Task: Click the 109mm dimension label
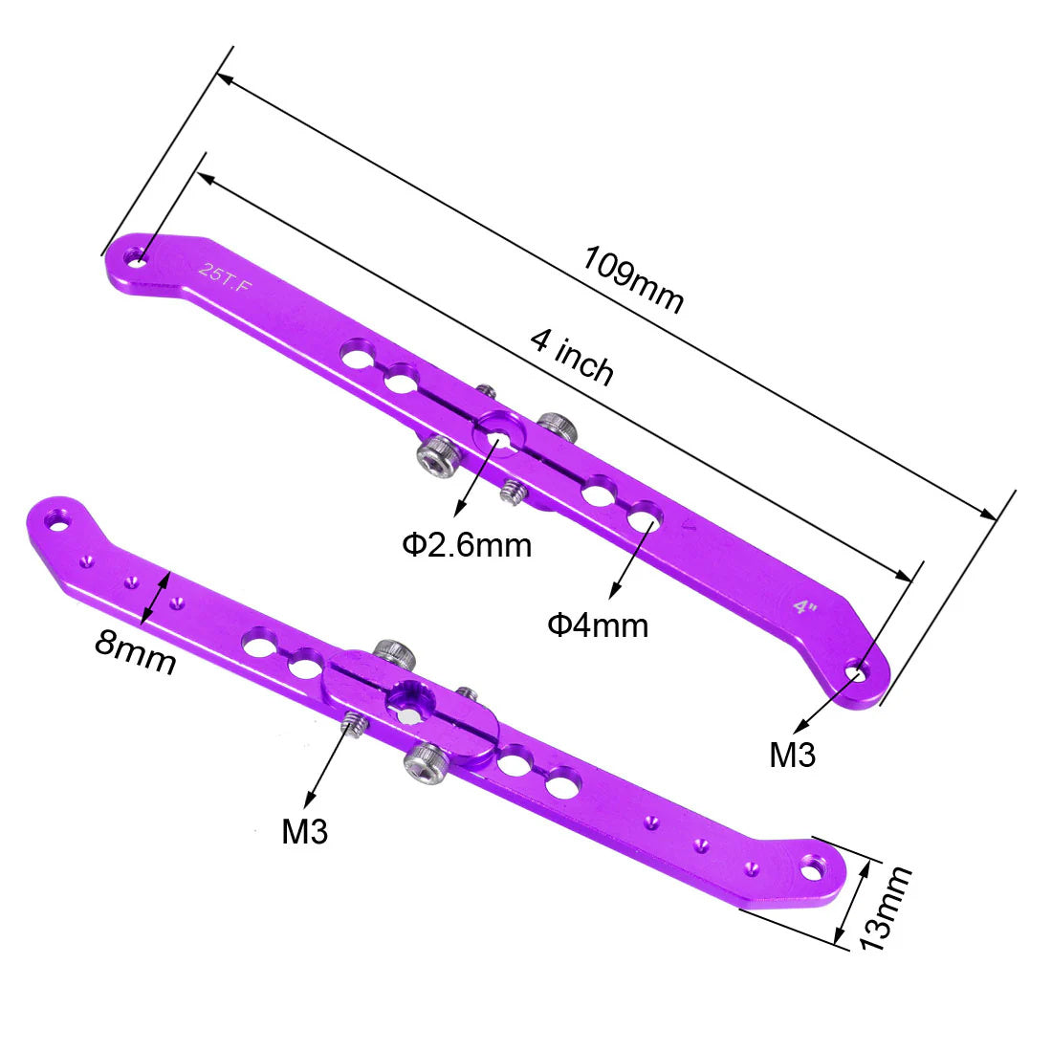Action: coord(633,279)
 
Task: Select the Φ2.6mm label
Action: coord(467,545)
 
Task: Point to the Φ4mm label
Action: coord(598,625)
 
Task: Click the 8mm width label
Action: coord(135,651)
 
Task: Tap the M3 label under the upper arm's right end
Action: coord(793,755)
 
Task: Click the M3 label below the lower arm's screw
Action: coord(304,832)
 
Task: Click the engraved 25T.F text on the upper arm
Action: coord(225,277)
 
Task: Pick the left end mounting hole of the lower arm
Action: coord(58,520)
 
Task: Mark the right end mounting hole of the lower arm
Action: coord(812,867)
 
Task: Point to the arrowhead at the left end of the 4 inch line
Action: coord(206,178)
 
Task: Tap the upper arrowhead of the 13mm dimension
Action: coord(866,868)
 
